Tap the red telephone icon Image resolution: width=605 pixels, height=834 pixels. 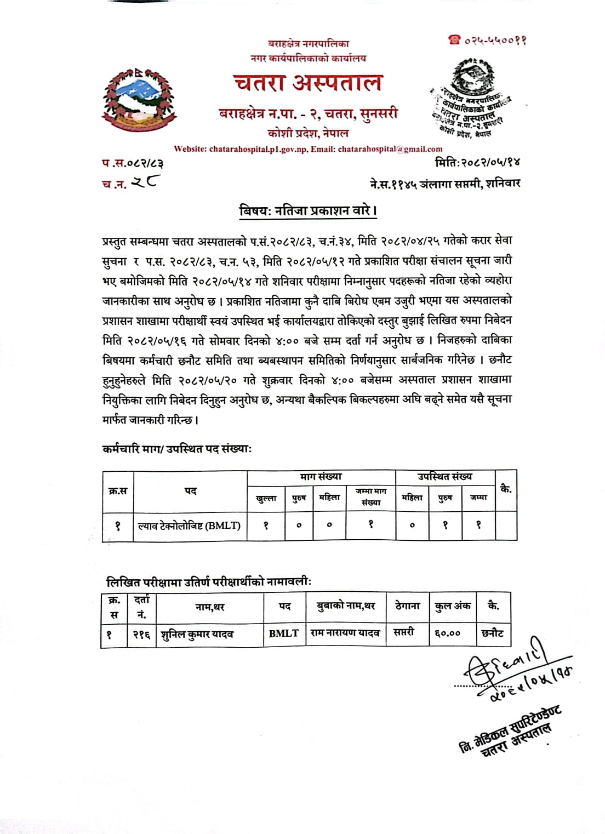[454, 39]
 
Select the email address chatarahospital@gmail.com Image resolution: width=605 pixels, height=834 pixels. [390, 148]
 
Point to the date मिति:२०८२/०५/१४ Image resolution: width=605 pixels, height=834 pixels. [477, 162]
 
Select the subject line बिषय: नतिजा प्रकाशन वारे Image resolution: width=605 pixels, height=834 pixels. [308, 210]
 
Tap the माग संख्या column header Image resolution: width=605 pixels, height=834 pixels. [321, 477]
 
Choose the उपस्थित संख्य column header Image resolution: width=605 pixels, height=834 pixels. [444, 477]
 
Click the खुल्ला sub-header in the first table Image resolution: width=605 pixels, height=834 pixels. [266, 498]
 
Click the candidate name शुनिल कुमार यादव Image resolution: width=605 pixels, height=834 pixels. [197, 635]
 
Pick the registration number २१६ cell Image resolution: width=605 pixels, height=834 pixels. [142, 635]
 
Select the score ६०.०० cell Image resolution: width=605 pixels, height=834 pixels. [448, 633]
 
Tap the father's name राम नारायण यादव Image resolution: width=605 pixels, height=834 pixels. [345, 633]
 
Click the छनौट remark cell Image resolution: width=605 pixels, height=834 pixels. [493, 633]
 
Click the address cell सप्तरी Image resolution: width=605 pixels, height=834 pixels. [404, 632]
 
